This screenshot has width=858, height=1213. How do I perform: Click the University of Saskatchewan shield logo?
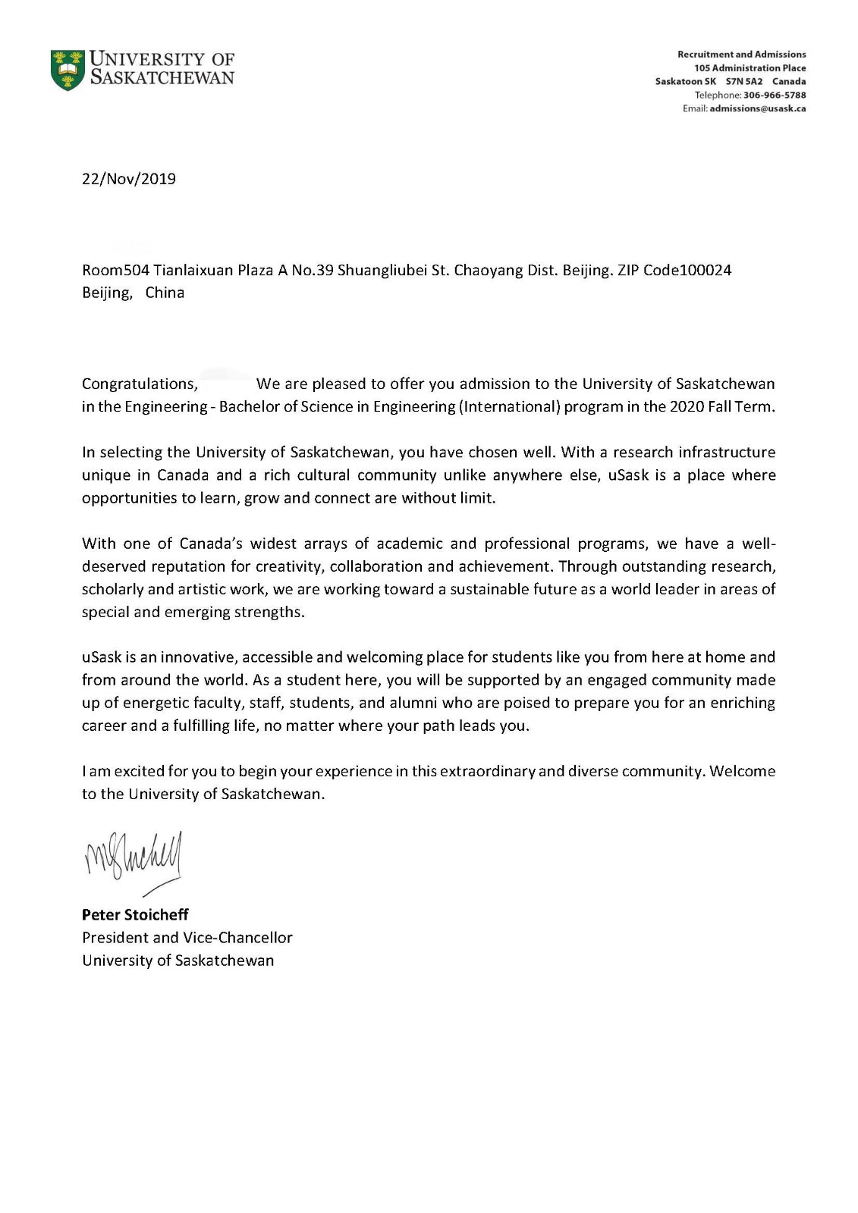(x=68, y=70)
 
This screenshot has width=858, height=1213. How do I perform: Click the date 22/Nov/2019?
(x=129, y=179)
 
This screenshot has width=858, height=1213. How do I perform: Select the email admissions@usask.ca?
(x=757, y=108)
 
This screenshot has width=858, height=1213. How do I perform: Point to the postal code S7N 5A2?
(x=743, y=81)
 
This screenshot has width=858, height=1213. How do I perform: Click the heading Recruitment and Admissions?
(x=741, y=54)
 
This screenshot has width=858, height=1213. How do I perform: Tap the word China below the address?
(x=165, y=293)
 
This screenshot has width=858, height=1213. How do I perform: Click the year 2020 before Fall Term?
(x=686, y=406)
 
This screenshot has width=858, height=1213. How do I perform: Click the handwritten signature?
(x=135, y=860)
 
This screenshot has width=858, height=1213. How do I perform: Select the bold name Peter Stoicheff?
(x=135, y=914)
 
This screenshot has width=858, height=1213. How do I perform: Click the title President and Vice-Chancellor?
(x=187, y=937)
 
